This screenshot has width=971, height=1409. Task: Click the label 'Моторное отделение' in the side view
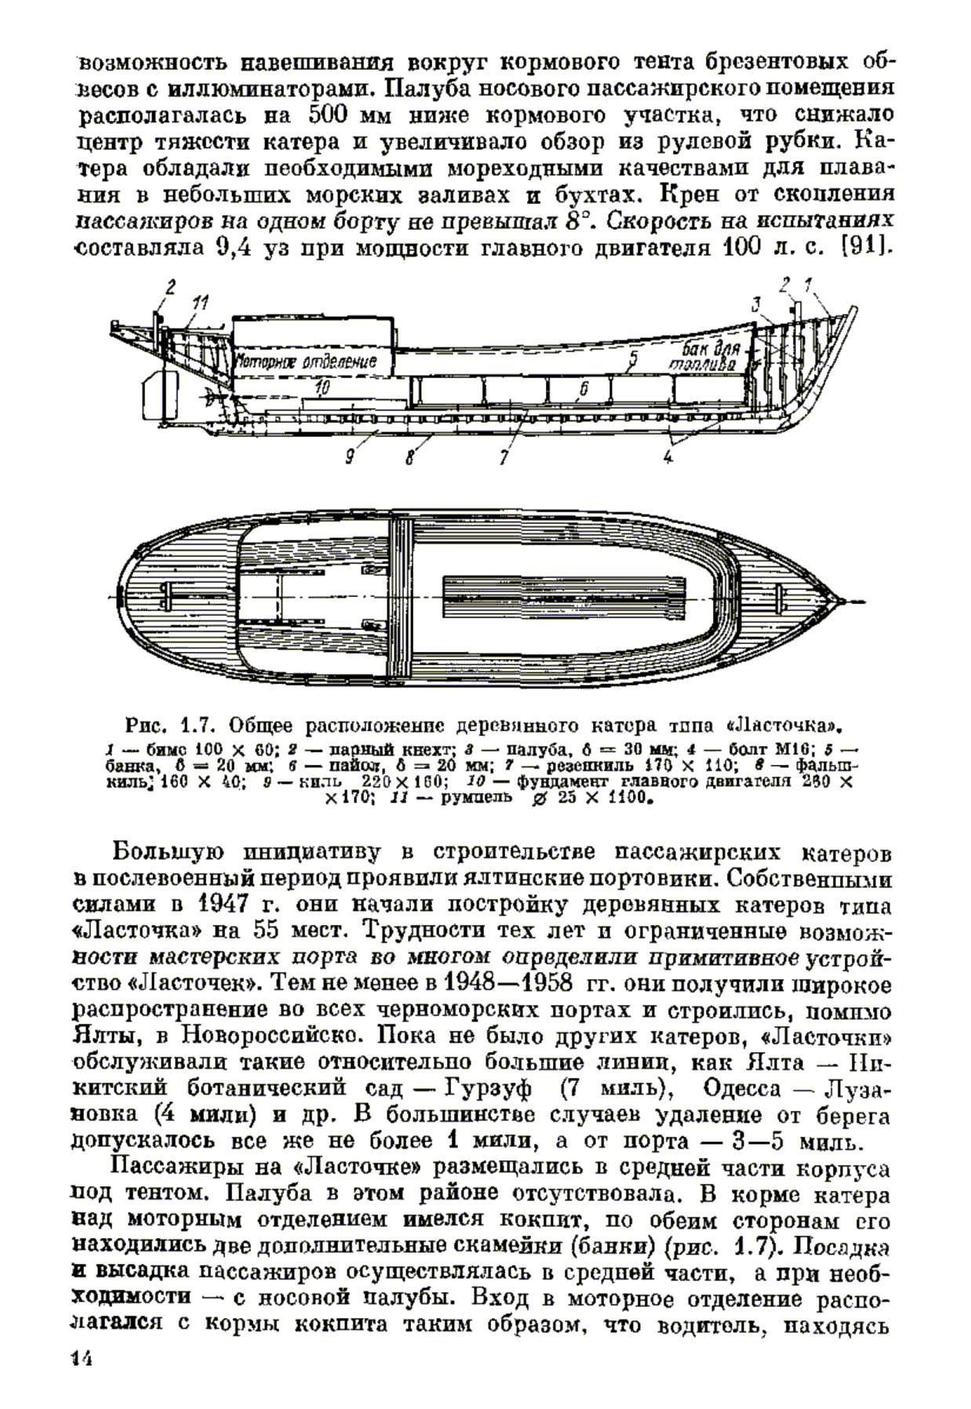click(307, 362)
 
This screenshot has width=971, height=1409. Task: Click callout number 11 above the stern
click(202, 302)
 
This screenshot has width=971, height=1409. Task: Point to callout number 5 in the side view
click(633, 359)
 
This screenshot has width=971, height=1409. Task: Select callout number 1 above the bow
click(808, 283)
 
